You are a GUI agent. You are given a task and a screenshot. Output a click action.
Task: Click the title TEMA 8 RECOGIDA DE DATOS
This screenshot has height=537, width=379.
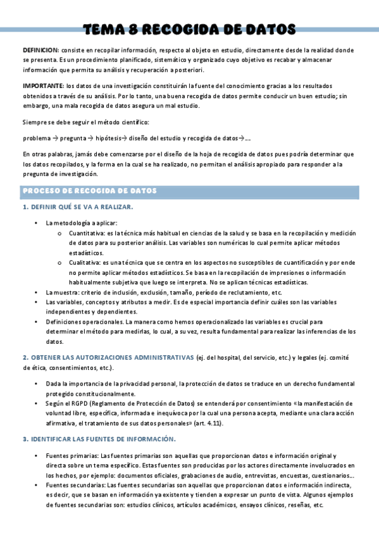coord(189,29)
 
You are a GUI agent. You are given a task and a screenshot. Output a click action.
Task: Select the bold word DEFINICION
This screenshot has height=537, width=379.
coord(40,49)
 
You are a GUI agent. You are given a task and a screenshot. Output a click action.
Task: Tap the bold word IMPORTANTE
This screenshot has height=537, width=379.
coord(43,85)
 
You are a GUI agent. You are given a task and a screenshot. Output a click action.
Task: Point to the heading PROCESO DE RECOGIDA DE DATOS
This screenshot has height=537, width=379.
coord(90,191)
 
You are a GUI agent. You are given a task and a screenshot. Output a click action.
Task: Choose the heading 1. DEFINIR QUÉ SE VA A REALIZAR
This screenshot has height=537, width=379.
coord(78,207)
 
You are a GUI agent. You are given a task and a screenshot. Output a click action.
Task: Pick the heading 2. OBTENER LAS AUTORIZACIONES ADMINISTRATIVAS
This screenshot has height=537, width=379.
coord(108,358)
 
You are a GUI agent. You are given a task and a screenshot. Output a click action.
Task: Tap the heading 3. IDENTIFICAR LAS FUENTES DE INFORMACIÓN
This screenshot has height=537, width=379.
coord(99,439)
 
